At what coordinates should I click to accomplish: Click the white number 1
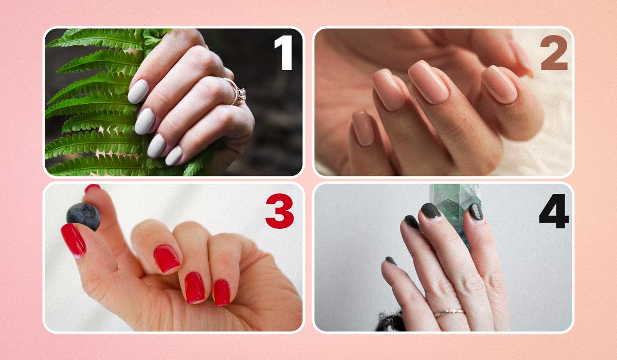click(x=283, y=52)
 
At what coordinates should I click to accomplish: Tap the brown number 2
click(x=554, y=52)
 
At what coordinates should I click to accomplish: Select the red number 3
click(x=280, y=211)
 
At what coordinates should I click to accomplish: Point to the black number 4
click(x=554, y=211)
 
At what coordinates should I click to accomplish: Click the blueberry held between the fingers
click(x=83, y=216)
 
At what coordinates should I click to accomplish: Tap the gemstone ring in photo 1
click(x=237, y=92)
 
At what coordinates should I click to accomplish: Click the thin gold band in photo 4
click(x=449, y=313)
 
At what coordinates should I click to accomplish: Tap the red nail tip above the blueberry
click(x=92, y=188)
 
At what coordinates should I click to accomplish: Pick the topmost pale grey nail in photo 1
click(x=138, y=92)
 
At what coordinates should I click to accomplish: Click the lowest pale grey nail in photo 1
click(x=174, y=156)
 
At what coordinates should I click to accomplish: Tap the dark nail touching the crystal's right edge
click(x=476, y=211)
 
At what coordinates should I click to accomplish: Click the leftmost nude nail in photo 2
click(x=364, y=128)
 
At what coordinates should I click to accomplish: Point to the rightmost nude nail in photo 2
click(x=499, y=84)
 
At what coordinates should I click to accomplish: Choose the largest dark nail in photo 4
click(x=430, y=210)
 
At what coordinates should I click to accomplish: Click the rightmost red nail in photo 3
click(x=222, y=293)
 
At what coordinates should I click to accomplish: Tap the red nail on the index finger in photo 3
click(x=167, y=259)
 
